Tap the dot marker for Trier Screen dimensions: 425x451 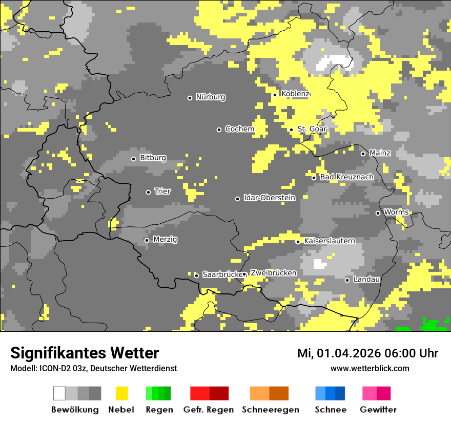[x=149, y=192]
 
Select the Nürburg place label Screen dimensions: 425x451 [x=210, y=97]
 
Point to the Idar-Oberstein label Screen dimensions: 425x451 [x=270, y=198]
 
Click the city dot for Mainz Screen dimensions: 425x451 [x=363, y=154]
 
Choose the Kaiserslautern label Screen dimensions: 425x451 [x=330, y=241]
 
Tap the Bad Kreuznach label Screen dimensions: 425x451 [x=347, y=177]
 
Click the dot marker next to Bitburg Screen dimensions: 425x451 [x=134, y=159]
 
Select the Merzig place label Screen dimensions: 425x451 [x=165, y=240]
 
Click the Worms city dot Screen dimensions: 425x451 [x=378, y=213]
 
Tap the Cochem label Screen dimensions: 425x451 [x=239, y=129]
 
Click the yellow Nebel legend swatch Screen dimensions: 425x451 [x=121, y=393]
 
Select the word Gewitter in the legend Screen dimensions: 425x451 [x=378, y=410]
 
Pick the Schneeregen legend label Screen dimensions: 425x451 [x=271, y=410]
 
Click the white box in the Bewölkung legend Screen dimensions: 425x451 [x=59, y=393]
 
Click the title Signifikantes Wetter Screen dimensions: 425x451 [x=85, y=353]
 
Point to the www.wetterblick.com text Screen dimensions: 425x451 [x=370, y=369]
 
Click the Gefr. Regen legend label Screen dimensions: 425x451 [x=209, y=410]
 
